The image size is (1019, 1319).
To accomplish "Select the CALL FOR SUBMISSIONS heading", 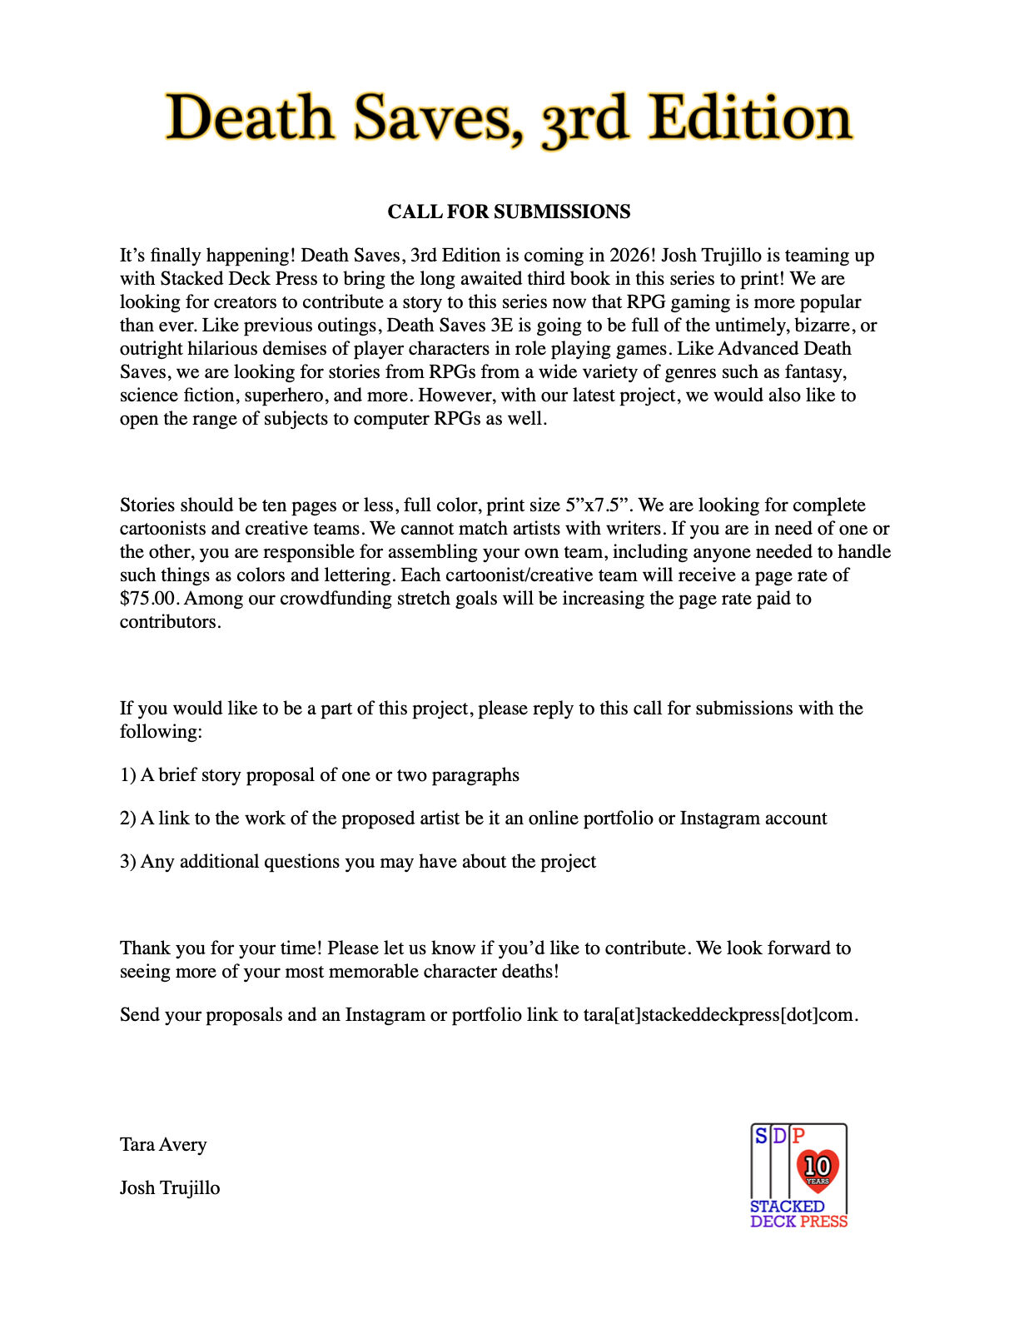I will [x=509, y=212].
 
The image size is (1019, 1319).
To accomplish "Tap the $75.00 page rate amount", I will [x=148, y=599].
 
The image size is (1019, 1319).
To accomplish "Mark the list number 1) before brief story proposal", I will [x=127, y=775].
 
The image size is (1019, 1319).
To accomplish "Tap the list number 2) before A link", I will [x=127, y=819].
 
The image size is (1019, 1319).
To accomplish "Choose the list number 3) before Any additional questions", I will [x=127, y=862].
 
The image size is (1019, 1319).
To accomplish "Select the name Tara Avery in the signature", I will [x=163, y=1145].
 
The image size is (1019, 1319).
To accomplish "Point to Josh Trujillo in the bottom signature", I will [x=170, y=1188].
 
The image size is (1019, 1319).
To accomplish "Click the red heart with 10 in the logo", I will [x=818, y=1168].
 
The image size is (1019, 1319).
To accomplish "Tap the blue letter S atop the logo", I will [x=761, y=1136].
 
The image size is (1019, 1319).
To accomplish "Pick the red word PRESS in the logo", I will [x=823, y=1222].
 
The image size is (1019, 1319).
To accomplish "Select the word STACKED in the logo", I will [x=787, y=1207].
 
